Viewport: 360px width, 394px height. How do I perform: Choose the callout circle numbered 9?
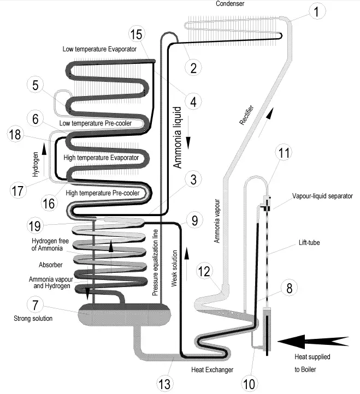tap(193, 220)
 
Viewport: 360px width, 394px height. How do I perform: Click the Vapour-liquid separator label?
tap(322, 195)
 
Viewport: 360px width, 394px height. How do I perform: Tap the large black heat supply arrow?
tap(311, 342)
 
